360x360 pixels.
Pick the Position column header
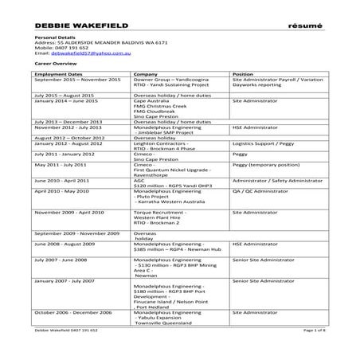243,73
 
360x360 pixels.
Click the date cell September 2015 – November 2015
77,80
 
